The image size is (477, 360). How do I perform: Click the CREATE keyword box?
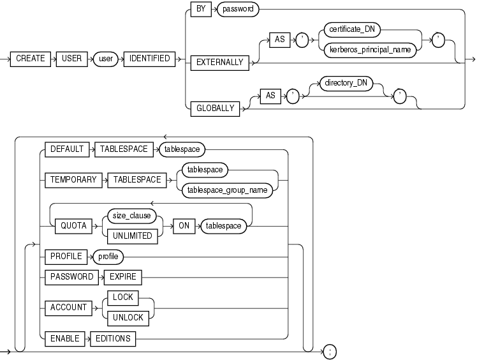coord(31,58)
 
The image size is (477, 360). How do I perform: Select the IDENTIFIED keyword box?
coord(150,58)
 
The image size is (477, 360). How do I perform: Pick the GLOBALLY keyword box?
coord(214,109)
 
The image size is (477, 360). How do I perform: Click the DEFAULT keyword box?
coord(67,149)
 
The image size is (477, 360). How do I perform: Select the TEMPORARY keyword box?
coord(73,180)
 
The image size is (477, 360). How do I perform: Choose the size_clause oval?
coord(133,216)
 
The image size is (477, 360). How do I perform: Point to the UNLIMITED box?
coord(133,236)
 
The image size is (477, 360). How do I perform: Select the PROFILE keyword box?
coord(66,257)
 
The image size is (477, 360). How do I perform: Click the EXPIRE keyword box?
coord(124,277)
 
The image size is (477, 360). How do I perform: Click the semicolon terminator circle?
coord(329,351)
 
